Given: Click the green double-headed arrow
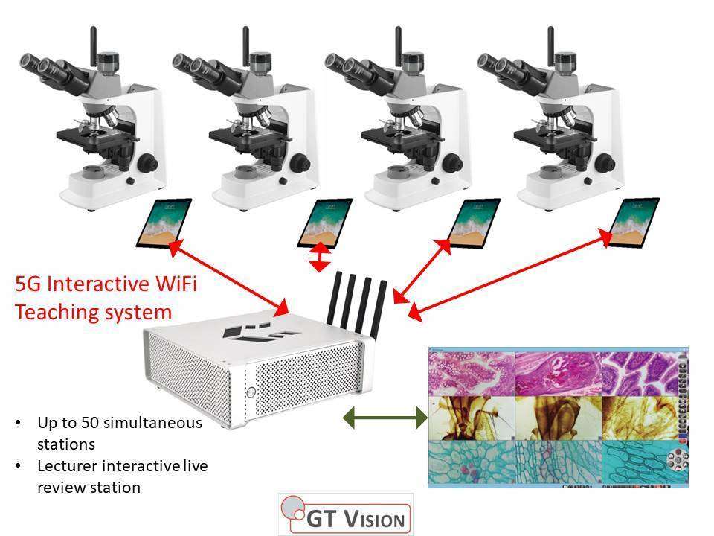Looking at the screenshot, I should click(x=384, y=419).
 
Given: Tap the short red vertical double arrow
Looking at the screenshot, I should click(x=320, y=257).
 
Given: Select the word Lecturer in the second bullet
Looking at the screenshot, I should click(x=63, y=466).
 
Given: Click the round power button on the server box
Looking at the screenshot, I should click(x=251, y=392).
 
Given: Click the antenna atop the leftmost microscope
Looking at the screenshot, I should click(x=94, y=45).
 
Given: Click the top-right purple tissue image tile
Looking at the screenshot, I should click(x=639, y=372).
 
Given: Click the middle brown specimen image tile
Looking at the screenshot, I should click(x=557, y=418).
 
